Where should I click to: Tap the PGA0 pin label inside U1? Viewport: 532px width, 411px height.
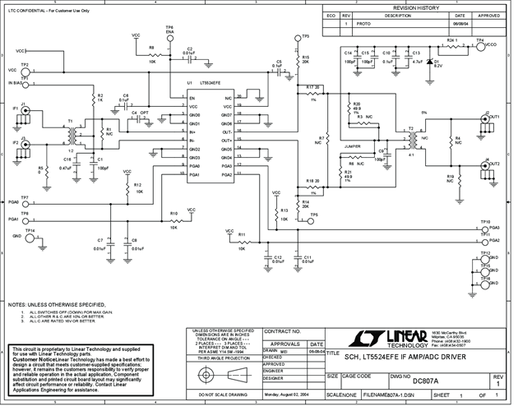[196, 166]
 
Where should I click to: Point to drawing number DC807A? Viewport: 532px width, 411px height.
[425, 381]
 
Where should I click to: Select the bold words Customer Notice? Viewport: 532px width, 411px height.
[32, 359]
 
